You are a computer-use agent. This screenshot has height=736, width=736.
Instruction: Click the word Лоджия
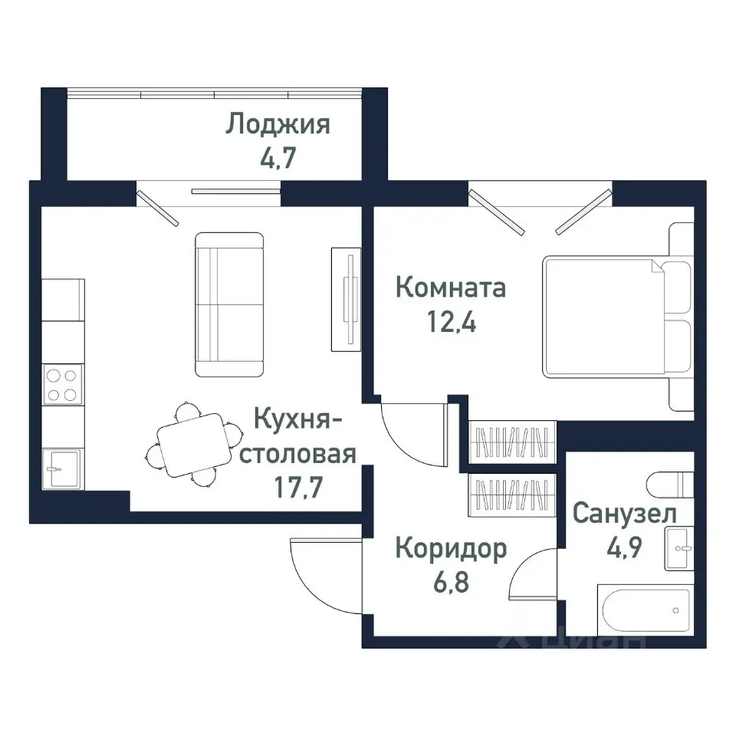278,124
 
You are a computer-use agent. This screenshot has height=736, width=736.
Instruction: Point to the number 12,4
450,322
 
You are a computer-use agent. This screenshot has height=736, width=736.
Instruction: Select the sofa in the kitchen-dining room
229,304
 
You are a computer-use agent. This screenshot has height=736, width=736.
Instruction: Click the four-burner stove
61,385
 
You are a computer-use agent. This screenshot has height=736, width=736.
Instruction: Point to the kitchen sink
61,467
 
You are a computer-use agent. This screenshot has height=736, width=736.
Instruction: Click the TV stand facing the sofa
347,297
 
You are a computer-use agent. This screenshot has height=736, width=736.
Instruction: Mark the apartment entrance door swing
322,575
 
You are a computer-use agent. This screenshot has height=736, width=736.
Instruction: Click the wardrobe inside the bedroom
511,442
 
